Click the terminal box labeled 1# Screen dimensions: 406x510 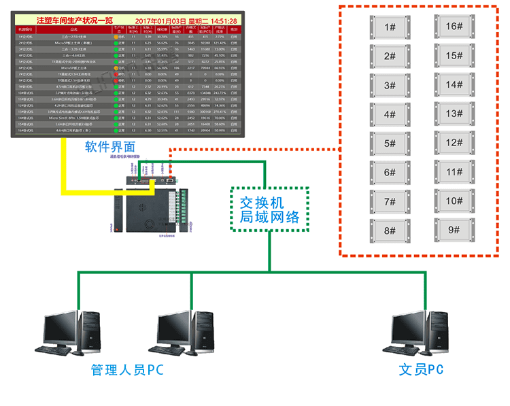[390, 27]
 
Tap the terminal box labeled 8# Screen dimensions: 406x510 [390, 231]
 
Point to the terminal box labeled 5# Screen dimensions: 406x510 [390, 143]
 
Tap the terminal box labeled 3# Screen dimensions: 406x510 [390, 86]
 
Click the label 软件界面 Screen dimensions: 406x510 [110, 146]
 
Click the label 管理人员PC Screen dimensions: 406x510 [127, 370]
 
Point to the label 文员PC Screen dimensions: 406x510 [422, 370]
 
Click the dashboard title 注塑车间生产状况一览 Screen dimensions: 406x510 [75, 21]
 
